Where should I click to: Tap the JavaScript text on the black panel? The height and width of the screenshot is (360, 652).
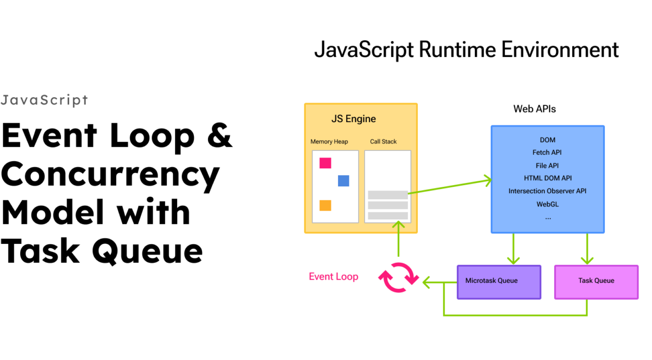44,100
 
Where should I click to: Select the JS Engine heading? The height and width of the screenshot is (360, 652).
354,119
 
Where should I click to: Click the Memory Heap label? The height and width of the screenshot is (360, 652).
329,142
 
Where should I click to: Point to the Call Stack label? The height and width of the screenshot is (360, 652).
384,142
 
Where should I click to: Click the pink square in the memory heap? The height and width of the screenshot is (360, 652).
325,163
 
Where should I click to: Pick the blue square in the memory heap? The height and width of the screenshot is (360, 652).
343,181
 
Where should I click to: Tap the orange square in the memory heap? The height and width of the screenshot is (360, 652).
325,205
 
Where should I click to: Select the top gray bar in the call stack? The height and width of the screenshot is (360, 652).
387,195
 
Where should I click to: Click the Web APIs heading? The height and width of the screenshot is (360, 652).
535,109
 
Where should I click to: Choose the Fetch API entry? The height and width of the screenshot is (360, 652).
547,153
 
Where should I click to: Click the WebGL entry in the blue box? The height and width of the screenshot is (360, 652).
548,204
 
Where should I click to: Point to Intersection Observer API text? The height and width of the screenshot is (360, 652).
547,191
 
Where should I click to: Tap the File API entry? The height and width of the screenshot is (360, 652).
547,166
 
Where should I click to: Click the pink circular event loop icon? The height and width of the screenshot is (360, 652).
398,277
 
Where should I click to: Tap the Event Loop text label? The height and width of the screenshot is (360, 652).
334,276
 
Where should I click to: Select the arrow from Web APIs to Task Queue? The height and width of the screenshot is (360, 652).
587,248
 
